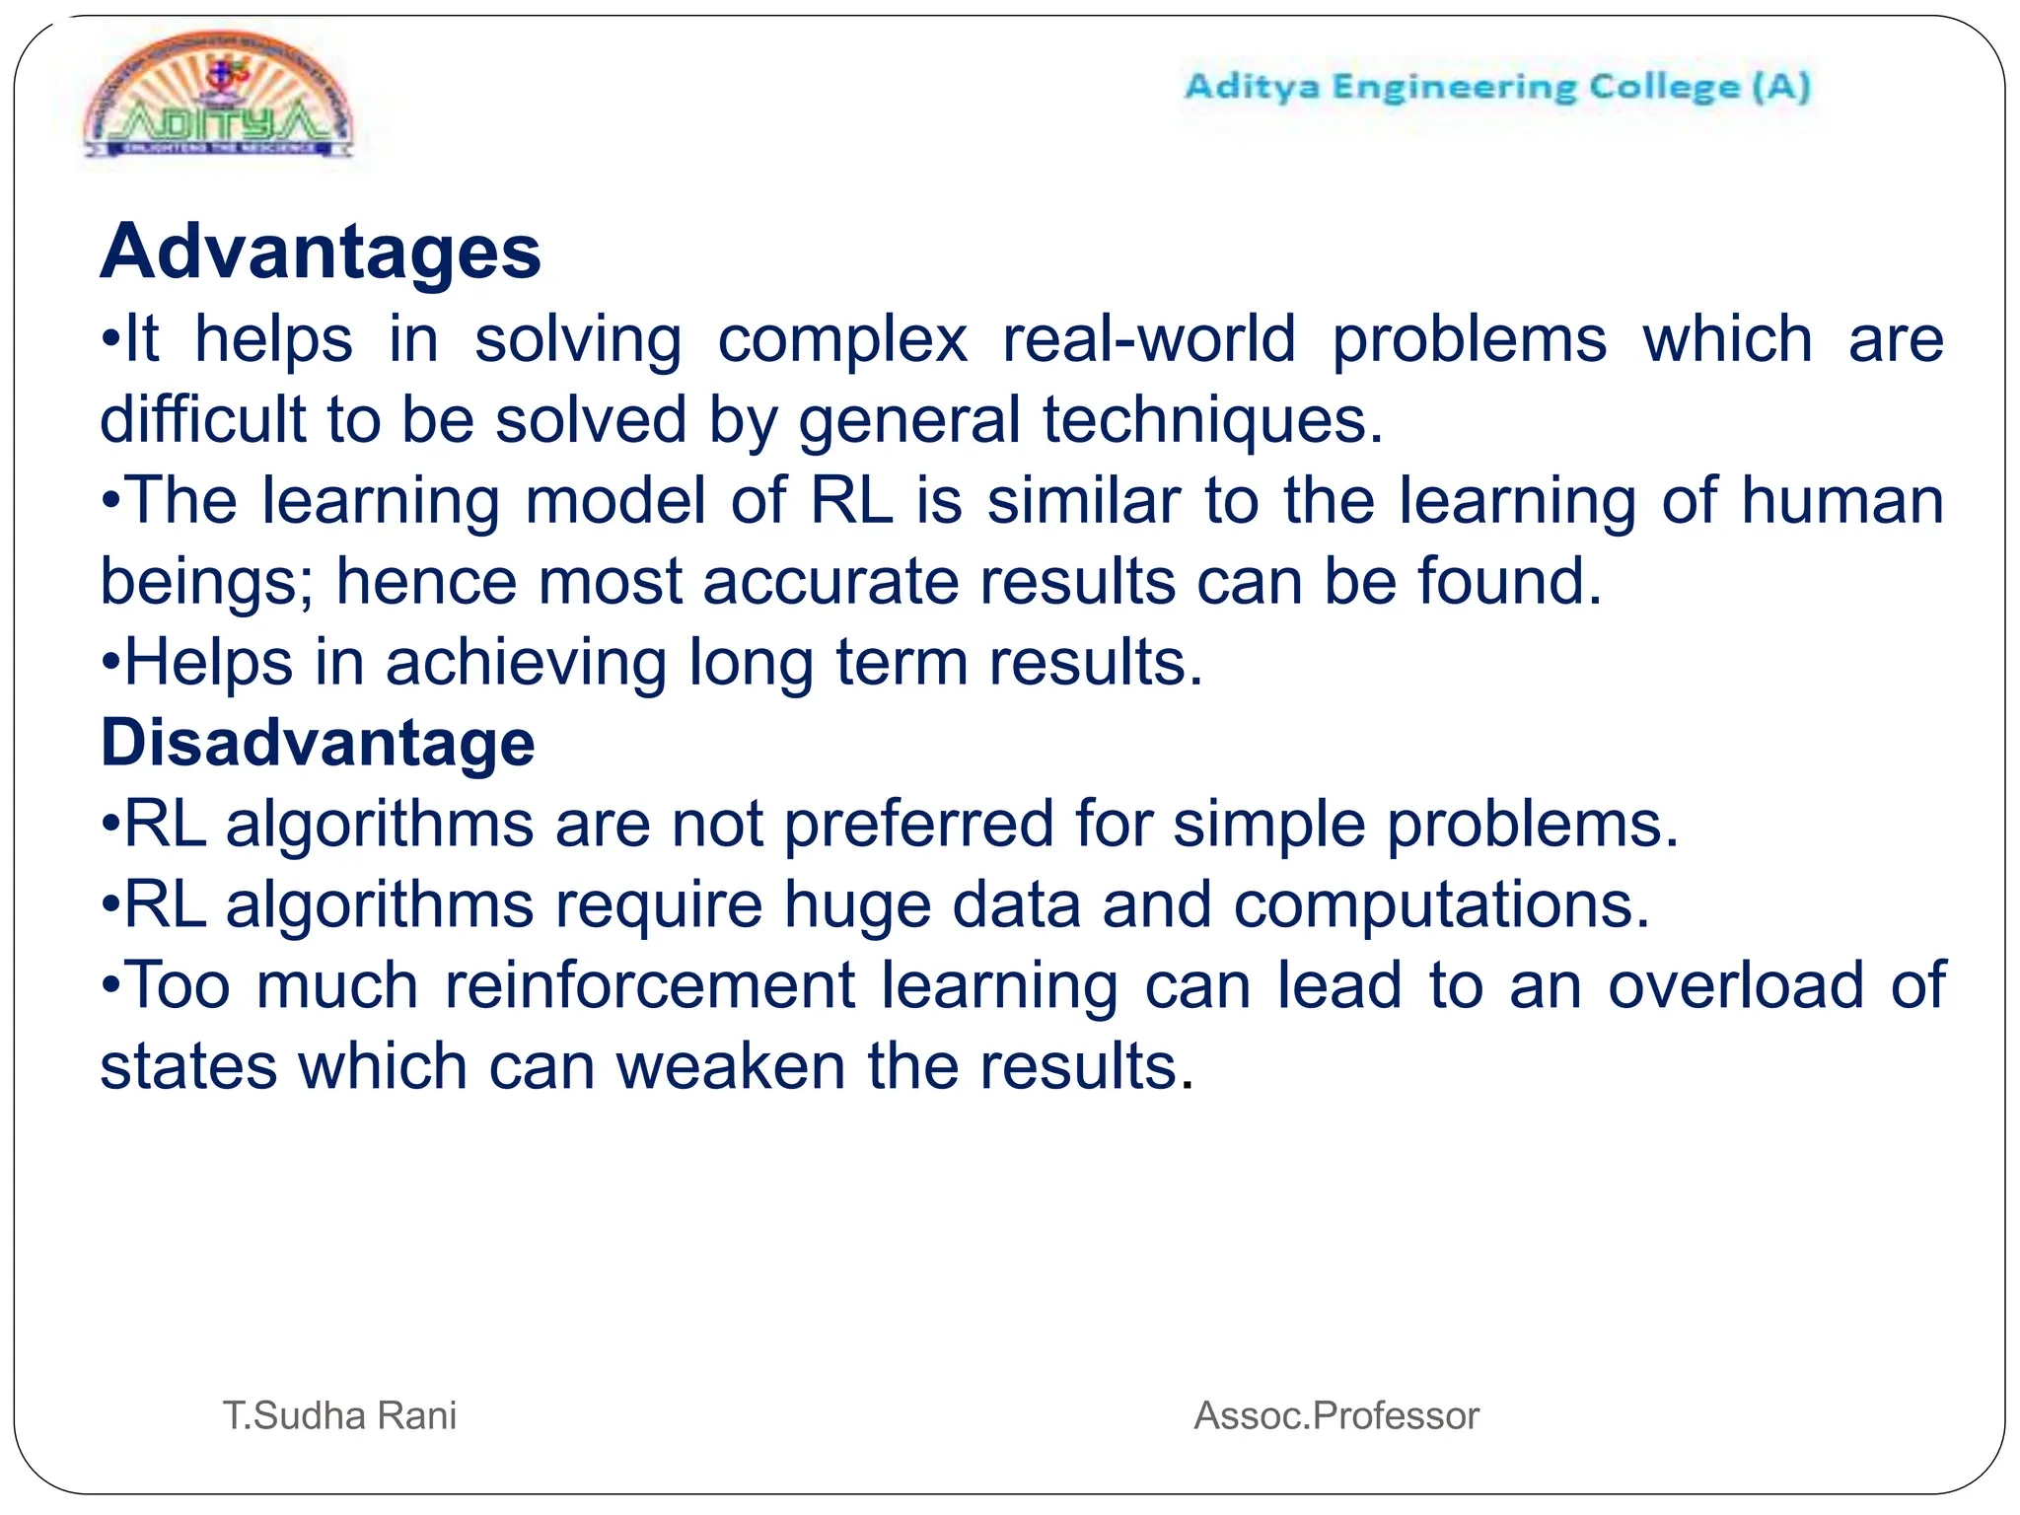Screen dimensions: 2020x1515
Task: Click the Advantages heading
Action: (x=321, y=252)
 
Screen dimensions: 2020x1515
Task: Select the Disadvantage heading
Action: (x=318, y=742)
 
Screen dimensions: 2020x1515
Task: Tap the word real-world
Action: (x=1149, y=339)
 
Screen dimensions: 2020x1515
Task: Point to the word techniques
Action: (x=1212, y=420)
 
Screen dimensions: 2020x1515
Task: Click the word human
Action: (x=1841, y=500)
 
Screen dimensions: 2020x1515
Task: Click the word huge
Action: (x=857, y=905)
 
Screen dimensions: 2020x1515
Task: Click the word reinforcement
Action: (x=650, y=985)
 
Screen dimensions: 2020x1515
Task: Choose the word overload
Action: (x=1736, y=985)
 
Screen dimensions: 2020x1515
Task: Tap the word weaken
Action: (x=731, y=1066)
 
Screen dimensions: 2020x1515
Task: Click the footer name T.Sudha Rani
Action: (x=339, y=1415)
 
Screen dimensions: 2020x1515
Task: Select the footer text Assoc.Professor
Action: (x=1336, y=1415)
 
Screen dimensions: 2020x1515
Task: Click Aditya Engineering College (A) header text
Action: (x=1497, y=87)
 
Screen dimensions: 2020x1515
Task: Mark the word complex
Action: (x=842, y=340)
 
